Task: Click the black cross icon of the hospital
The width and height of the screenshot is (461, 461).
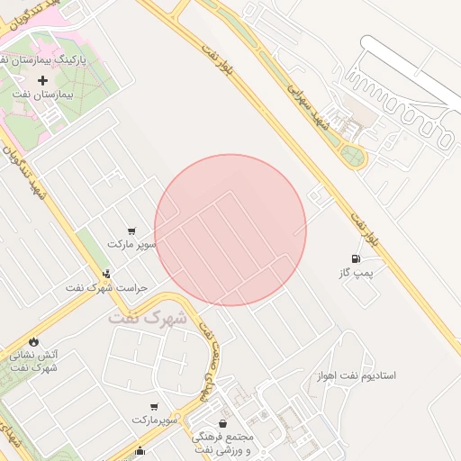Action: point(42,80)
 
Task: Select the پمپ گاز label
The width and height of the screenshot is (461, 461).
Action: point(355,272)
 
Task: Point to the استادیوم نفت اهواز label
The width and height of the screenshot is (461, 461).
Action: point(357,375)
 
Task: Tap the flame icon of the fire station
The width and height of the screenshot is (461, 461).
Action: point(33,342)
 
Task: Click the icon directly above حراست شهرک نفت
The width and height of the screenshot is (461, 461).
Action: point(107,274)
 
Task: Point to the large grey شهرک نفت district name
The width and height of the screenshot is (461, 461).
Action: point(148,318)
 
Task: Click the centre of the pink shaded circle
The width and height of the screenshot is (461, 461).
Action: point(230,230)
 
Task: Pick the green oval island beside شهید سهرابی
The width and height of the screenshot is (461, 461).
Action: point(353,158)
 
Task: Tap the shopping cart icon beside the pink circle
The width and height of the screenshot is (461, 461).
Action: point(132,230)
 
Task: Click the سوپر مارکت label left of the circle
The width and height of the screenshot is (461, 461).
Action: point(132,244)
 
